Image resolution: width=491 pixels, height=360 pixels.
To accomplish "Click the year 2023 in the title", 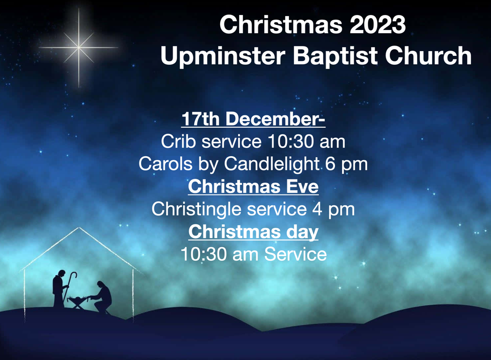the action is [x=378, y=24].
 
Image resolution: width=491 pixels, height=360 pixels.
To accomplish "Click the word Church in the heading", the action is [x=428, y=55].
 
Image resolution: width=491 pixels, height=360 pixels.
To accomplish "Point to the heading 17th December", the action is [x=253, y=119].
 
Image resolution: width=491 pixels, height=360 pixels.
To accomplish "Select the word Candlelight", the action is [x=271, y=164].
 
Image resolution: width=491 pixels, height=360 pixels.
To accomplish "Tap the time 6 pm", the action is [x=346, y=164].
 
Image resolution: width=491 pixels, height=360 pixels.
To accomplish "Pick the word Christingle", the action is [x=197, y=209].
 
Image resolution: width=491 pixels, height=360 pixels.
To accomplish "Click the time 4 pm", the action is [x=333, y=209].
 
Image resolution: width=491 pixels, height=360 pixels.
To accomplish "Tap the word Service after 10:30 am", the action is [x=295, y=254].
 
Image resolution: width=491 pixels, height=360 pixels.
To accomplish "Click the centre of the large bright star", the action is [x=79, y=47].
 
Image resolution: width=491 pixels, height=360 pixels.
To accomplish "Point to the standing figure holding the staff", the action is [x=59, y=288].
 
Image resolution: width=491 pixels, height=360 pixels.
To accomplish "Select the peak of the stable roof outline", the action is [x=79, y=227].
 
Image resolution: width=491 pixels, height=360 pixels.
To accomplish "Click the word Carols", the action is [x=165, y=164].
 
